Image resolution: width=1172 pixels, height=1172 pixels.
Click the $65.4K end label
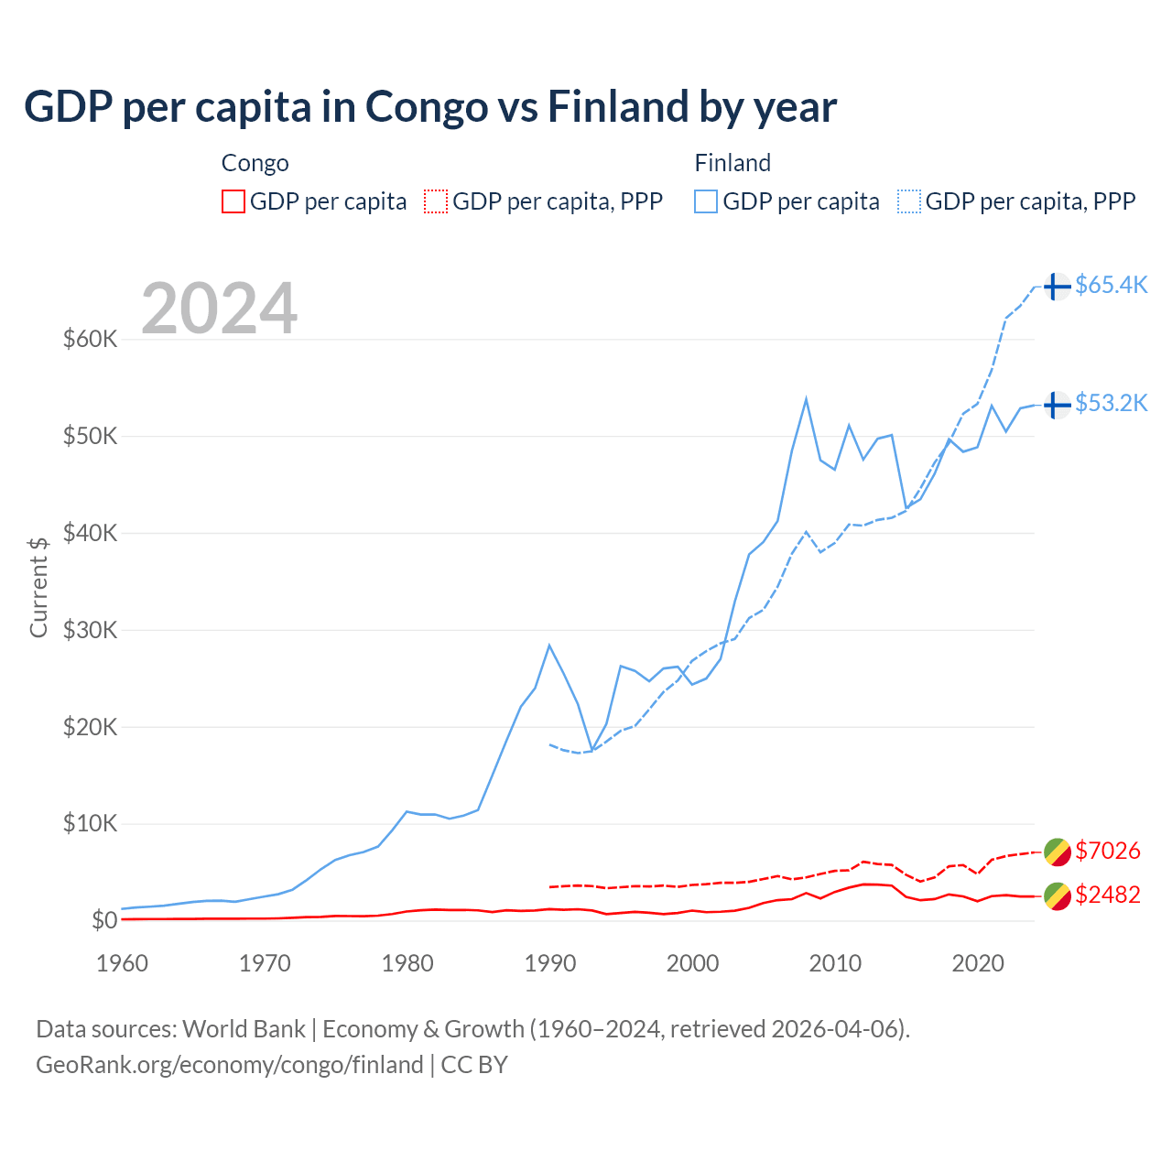tap(1111, 285)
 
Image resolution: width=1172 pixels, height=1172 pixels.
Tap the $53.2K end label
tap(1111, 403)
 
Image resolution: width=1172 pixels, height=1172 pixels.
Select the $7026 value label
tap(1108, 851)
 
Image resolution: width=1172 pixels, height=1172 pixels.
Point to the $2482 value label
tap(1108, 895)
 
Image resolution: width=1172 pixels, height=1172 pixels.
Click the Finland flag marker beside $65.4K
tap(1058, 287)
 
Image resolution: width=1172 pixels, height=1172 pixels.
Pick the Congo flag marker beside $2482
tap(1058, 896)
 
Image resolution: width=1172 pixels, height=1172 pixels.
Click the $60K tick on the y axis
tap(91, 339)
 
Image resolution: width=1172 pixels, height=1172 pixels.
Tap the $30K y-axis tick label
tap(91, 630)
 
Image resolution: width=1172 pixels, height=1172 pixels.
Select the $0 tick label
tap(104, 920)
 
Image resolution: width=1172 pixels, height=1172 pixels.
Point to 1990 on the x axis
tap(549, 963)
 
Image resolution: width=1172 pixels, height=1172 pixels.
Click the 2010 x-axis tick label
tap(835, 963)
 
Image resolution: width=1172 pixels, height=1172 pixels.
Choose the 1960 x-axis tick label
tap(122, 963)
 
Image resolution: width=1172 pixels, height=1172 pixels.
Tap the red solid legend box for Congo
tap(233, 201)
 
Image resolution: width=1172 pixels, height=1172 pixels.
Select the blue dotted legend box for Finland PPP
tap(909, 201)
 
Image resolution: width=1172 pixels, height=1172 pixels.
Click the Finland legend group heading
tap(732, 163)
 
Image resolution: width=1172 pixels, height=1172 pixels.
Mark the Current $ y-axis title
tap(38, 587)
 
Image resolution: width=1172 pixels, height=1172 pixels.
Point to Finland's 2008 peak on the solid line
tap(806, 398)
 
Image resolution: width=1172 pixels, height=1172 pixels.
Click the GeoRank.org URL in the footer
tap(229, 1065)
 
